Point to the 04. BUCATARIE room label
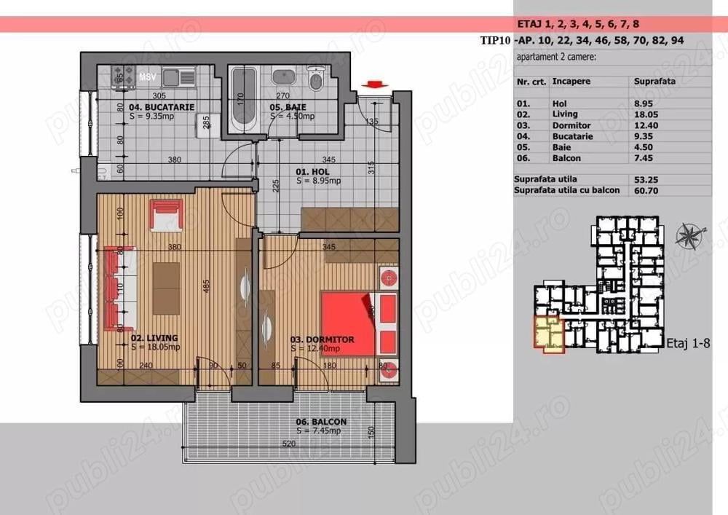pyautogui.click(x=156, y=107)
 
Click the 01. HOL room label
pyautogui.click(x=312, y=173)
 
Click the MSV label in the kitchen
pyautogui.click(x=148, y=76)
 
